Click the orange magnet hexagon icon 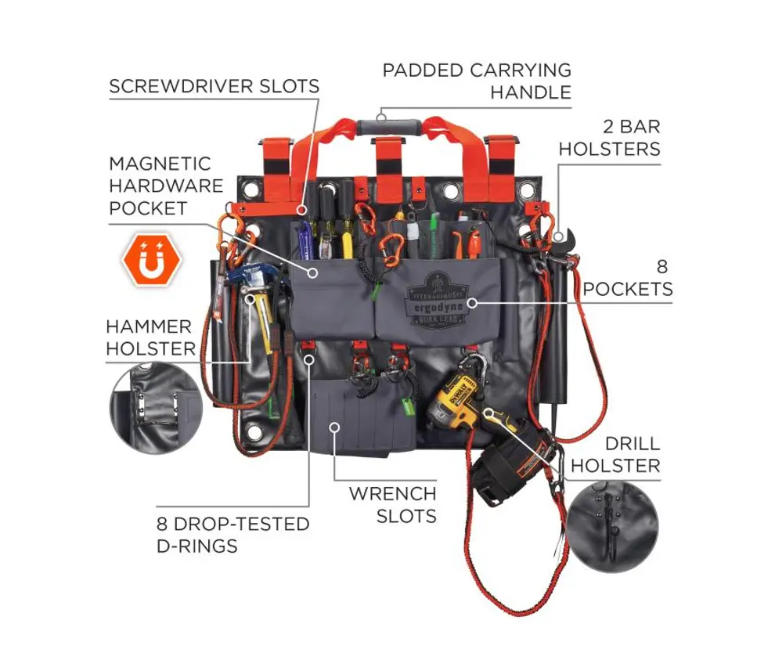tap(152, 260)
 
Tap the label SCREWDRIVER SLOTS tap(214, 86)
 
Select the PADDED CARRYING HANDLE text tap(477, 81)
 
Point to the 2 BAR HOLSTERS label tap(609, 138)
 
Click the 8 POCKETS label tap(628, 277)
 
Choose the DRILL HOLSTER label tap(615, 454)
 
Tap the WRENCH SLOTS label tap(392, 504)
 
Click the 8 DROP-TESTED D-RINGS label tap(232, 535)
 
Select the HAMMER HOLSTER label tap(151, 337)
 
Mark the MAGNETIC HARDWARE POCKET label tap(166, 186)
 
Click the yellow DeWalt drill tap(455, 400)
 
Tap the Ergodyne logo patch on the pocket tap(435, 300)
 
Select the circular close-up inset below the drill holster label tap(612, 527)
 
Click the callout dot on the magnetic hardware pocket tap(312, 272)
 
